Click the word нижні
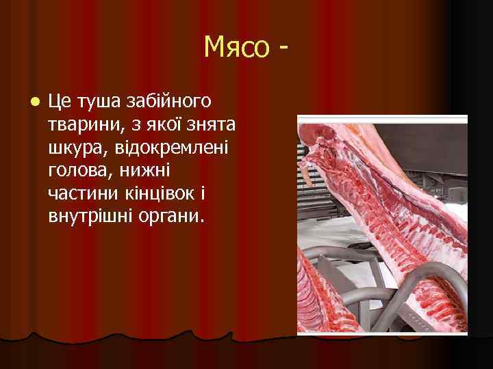[147, 172]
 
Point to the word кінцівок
[159, 195]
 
